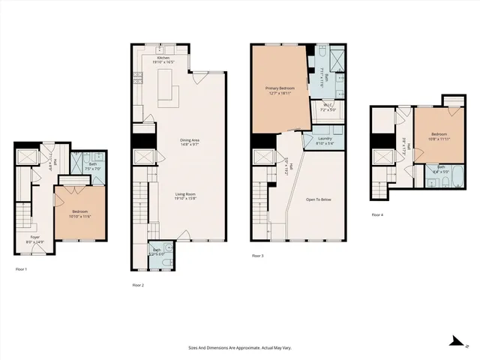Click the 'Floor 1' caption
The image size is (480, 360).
[21, 268]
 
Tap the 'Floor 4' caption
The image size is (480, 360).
[376, 215]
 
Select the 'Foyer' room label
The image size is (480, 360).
[34, 238]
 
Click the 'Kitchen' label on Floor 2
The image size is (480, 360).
[163, 58]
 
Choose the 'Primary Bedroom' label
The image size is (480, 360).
[280, 88]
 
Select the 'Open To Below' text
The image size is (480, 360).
[320, 200]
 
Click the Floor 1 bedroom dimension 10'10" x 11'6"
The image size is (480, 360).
[80, 217]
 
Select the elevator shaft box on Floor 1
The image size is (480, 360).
[30, 157]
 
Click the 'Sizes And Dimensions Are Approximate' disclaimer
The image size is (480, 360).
[239, 347]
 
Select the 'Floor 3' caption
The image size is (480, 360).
[257, 256]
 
